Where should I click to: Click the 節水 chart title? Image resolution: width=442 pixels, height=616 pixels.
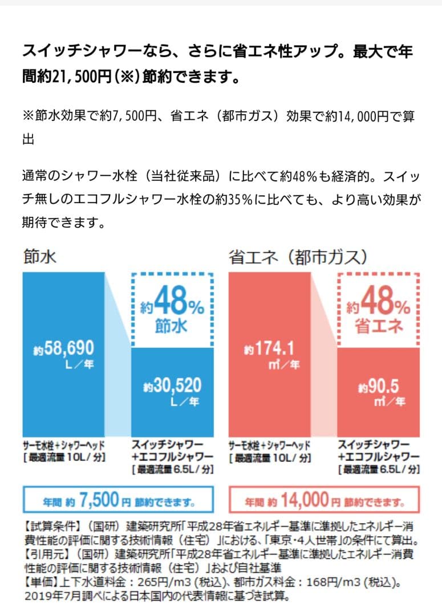point(40,257)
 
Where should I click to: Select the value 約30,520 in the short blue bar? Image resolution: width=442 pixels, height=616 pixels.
point(172,386)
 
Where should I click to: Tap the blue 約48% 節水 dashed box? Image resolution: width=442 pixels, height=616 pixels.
point(172,309)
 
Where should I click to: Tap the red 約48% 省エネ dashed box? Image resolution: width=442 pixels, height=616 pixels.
point(379,309)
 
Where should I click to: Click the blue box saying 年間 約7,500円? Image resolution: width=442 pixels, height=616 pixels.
point(118,500)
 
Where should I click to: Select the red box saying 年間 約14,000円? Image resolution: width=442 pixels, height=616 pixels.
point(324,500)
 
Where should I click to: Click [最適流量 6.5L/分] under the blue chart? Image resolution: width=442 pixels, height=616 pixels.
point(172,469)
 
